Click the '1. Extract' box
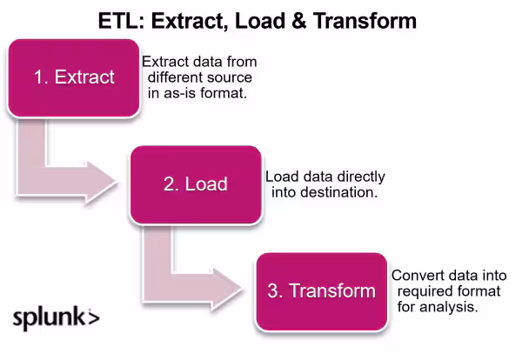point(74,77)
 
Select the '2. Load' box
point(195,183)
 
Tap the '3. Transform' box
point(321,290)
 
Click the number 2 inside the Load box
point(168,183)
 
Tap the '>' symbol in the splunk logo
point(94,317)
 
